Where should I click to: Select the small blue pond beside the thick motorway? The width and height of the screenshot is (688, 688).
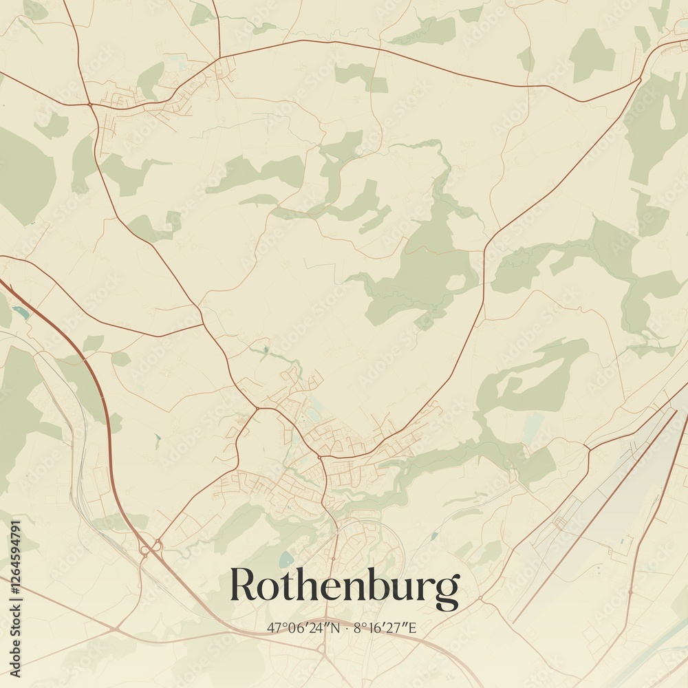(21, 313)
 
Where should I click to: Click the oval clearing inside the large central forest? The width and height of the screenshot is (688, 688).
(455, 282)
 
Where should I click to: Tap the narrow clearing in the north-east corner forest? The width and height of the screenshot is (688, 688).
(667, 114)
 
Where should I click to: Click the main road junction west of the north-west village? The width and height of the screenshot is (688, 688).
(90, 104)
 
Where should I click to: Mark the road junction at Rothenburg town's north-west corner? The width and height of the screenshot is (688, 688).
(257, 408)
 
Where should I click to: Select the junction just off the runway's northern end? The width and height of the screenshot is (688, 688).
(589, 449)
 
